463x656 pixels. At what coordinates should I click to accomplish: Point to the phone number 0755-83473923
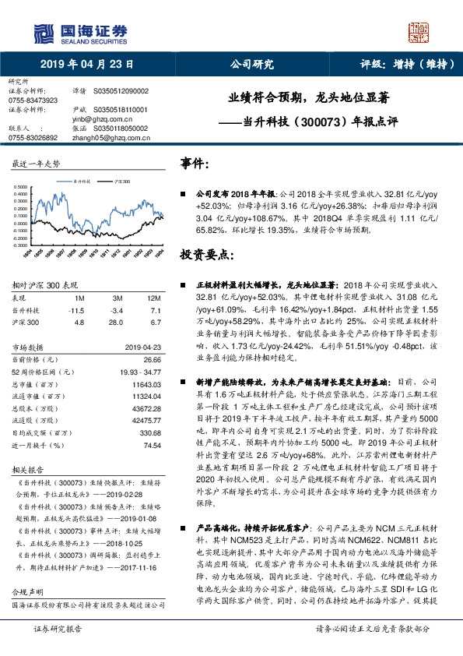coord(33,101)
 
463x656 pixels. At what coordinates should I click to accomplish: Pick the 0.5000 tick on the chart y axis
coord(22,187)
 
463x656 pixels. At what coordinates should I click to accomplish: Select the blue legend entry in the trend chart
coord(78,180)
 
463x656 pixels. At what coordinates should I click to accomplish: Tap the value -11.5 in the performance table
coord(77,309)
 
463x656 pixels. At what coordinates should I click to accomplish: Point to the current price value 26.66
coord(152,360)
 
